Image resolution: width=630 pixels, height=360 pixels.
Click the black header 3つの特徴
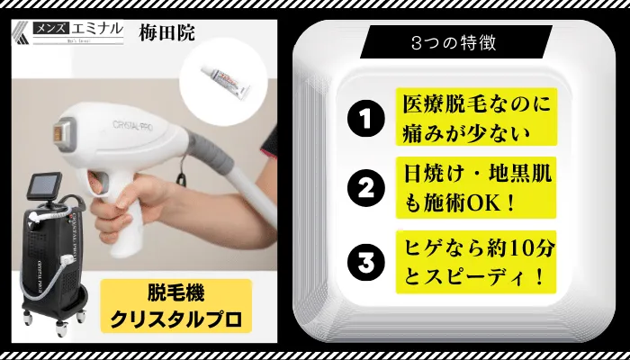pyautogui.click(x=455, y=42)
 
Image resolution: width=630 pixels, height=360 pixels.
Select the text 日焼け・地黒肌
pyautogui.click(x=476, y=174)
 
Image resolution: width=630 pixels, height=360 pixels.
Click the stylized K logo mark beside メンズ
pyautogui.click(x=22, y=32)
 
